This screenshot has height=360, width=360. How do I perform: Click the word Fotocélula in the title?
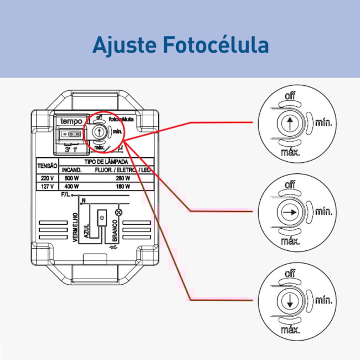[x=216, y=45]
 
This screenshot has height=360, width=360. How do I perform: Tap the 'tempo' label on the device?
[x=71, y=121]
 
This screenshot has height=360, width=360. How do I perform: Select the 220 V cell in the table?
[x=47, y=178]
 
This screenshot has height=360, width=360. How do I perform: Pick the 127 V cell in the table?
[x=47, y=187]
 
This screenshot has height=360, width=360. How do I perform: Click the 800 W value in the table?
[x=71, y=178]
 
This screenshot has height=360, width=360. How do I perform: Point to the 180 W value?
[x=123, y=187]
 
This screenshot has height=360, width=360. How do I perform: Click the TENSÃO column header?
[x=47, y=166]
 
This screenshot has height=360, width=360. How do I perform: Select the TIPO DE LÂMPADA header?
[x=107, y=161]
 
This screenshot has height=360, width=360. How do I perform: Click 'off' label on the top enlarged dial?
[x=290, y=96]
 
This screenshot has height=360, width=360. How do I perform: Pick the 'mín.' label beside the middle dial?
[x=324, y=212]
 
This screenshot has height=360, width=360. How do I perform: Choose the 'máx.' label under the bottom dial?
[x=290, y=330]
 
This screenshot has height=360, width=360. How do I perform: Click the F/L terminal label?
[x=66, y=196]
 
